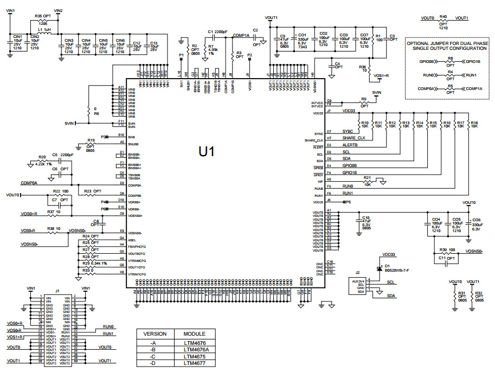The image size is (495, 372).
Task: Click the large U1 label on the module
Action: [206, 152]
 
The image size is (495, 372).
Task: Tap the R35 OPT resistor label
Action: [42, 16]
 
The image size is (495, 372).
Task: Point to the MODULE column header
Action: [194, 333]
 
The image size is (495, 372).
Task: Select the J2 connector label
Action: [357, 272]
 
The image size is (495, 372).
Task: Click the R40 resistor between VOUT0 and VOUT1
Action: [443, 19]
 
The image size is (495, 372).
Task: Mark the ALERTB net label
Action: [351, 145]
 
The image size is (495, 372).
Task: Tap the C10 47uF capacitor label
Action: [366, 221]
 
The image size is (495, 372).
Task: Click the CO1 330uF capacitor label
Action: [302, 39]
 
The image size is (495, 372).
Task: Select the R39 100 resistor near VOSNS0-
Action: [447, 250]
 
